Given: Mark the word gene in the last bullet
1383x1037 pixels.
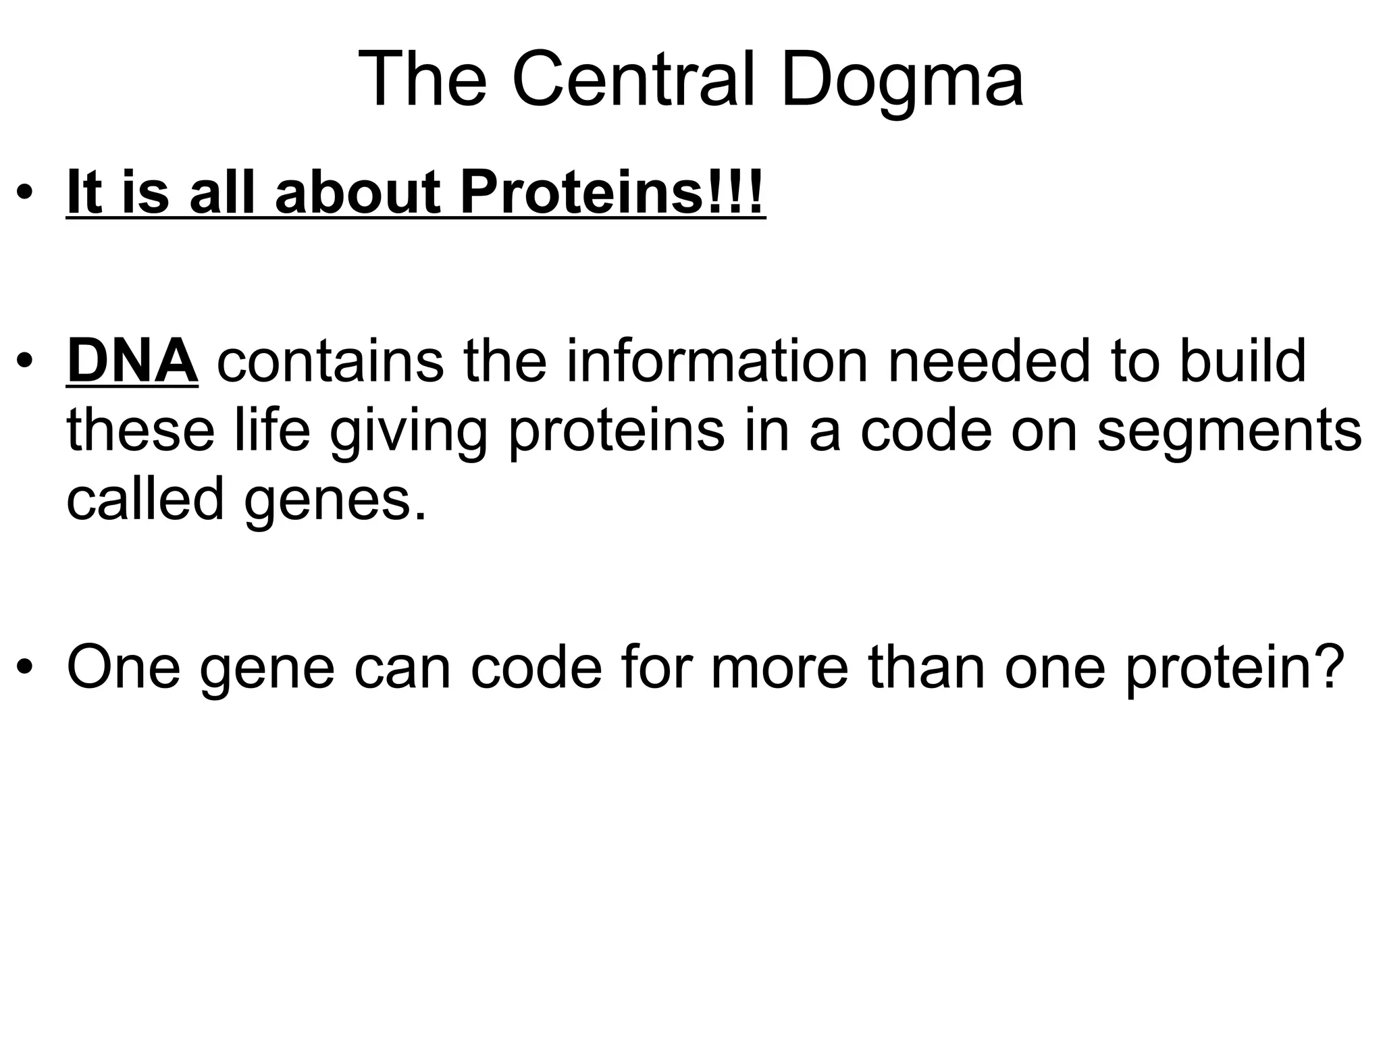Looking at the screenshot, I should coord(267,668).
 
